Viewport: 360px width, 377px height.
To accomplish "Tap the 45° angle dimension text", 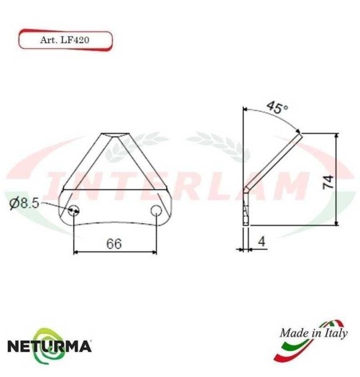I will pos(277,108).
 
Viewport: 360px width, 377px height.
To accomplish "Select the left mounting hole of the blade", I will pos(75,211).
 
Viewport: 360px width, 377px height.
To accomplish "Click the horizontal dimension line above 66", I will pos(115,252).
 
